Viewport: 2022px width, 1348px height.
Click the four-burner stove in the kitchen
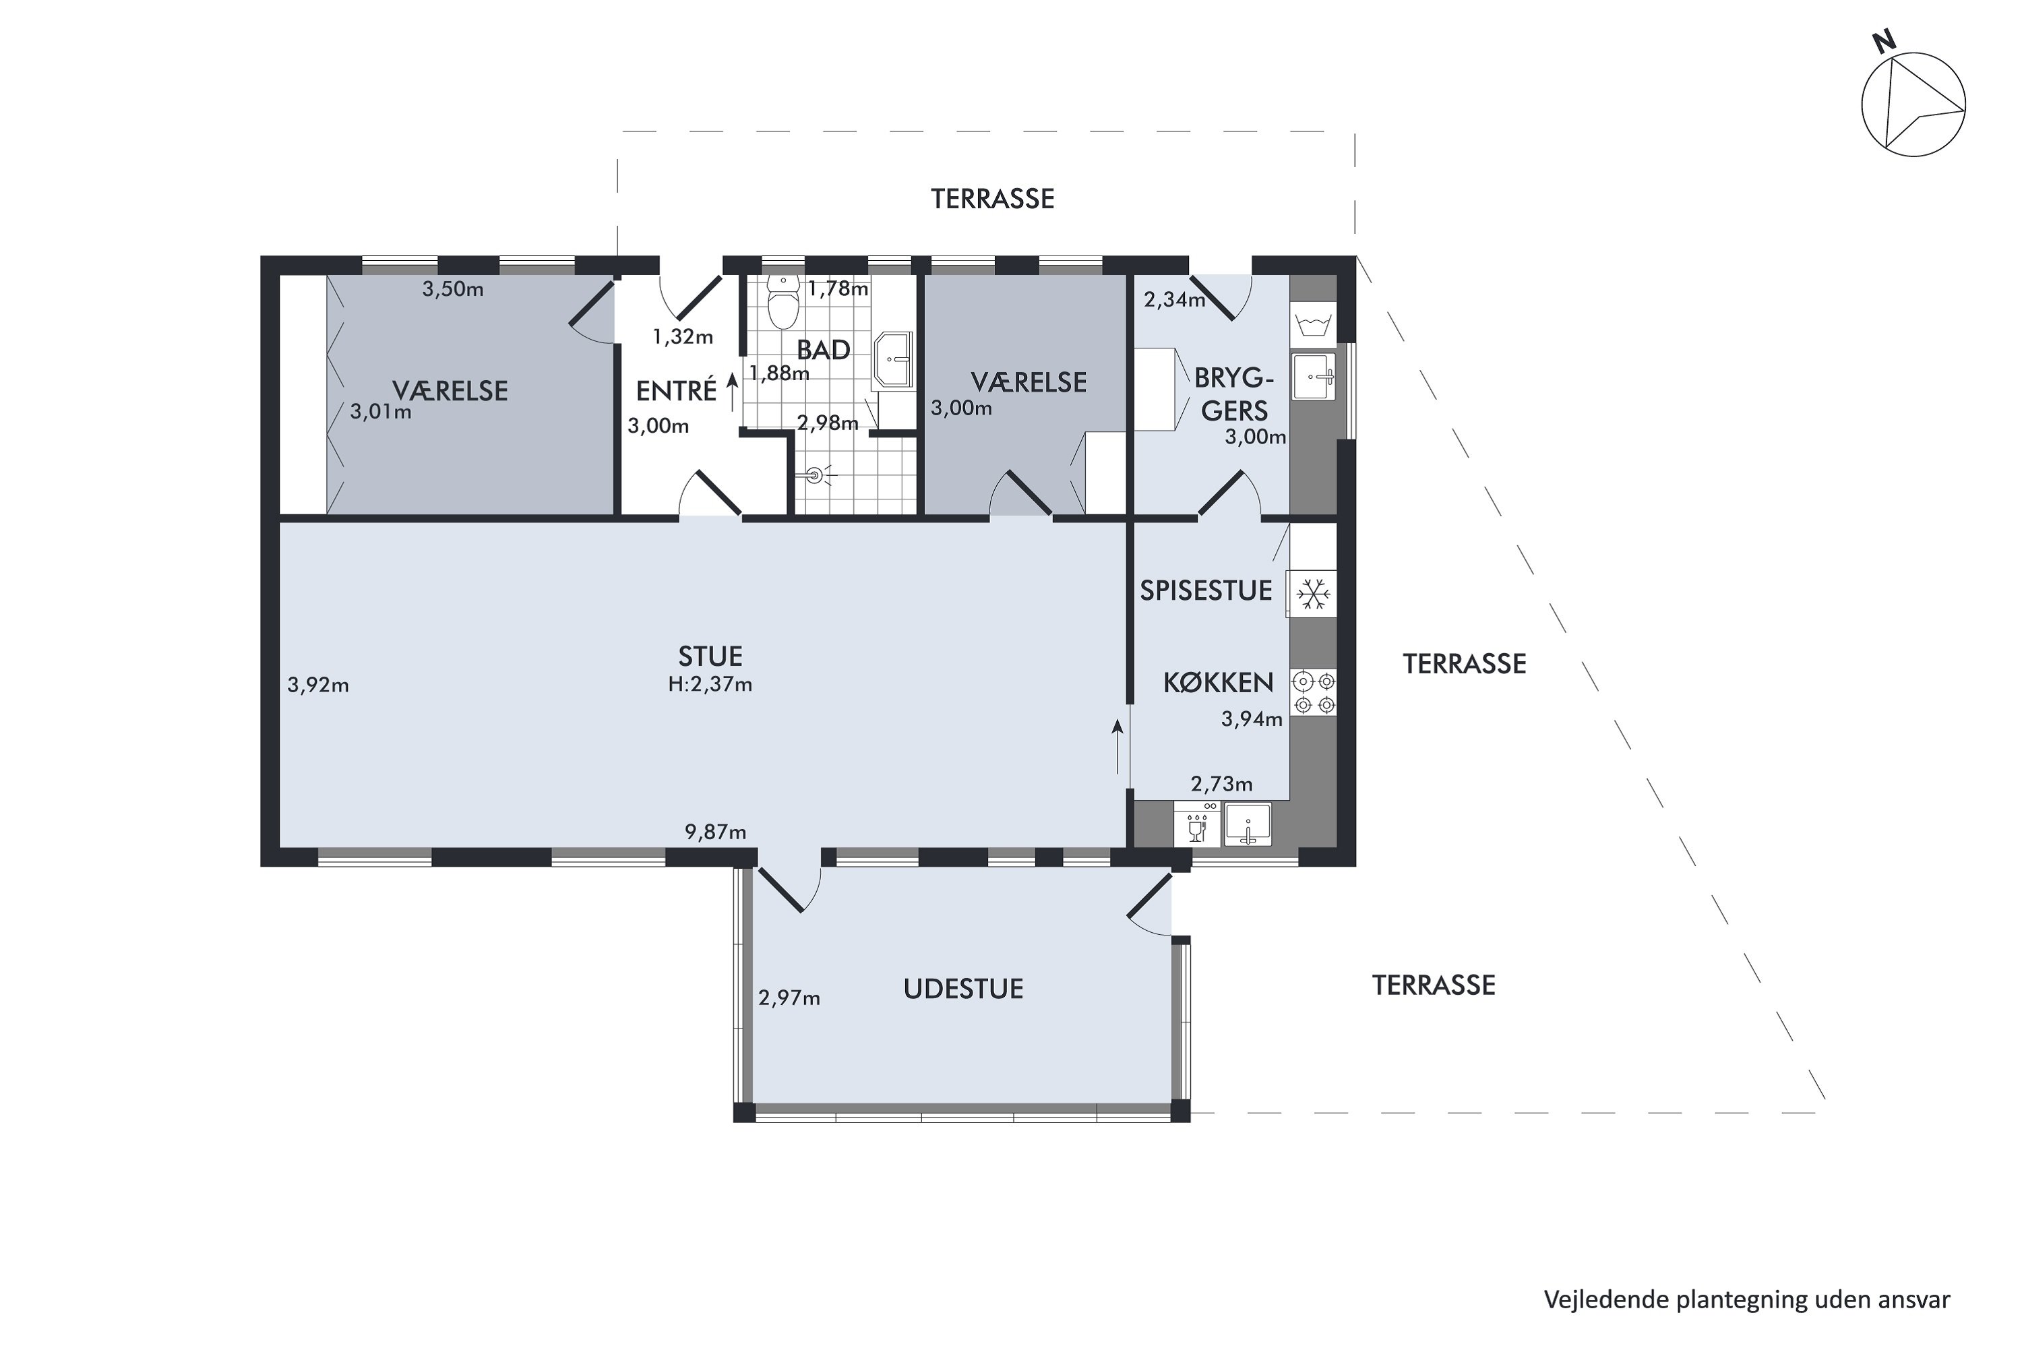tap(1314, 693)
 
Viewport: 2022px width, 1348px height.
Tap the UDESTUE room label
tap(963, 989)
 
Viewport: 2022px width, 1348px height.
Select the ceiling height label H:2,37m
tap(710, 684)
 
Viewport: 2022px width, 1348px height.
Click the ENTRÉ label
tap(676, 391)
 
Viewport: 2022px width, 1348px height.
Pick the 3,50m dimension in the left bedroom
tap(453, 290)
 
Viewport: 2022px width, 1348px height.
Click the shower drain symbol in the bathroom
tap(814, 474)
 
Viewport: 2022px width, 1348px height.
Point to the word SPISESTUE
tap(1206, 590)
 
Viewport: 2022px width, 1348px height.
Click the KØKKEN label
tap(1218, 683)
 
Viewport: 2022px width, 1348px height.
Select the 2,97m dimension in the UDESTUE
tap(789, 998)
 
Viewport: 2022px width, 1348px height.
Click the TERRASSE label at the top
tap(993, 200)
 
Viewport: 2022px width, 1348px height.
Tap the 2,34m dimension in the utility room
tap(1174, 300)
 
